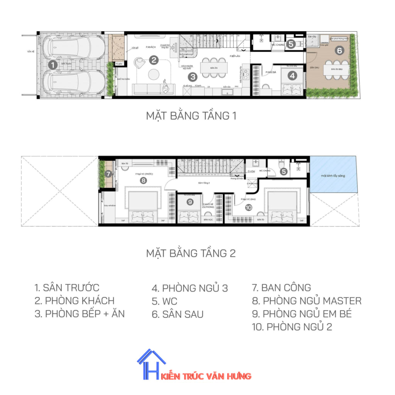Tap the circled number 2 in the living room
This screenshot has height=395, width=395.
154,60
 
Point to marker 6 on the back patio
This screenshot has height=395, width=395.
339,50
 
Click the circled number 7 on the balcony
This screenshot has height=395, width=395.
108,174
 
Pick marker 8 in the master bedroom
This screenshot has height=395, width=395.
143,180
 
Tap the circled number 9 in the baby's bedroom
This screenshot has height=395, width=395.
190,202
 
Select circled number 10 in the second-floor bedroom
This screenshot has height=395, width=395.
248,208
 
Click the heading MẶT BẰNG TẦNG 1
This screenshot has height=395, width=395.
191,116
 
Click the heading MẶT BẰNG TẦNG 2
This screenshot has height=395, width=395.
191,253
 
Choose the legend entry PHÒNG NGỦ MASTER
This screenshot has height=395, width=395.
307,301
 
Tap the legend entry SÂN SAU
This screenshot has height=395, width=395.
177,314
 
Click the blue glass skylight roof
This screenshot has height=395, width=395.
334,176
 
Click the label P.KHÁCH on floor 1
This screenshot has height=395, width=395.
150,47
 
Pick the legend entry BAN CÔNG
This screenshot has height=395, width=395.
281,287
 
